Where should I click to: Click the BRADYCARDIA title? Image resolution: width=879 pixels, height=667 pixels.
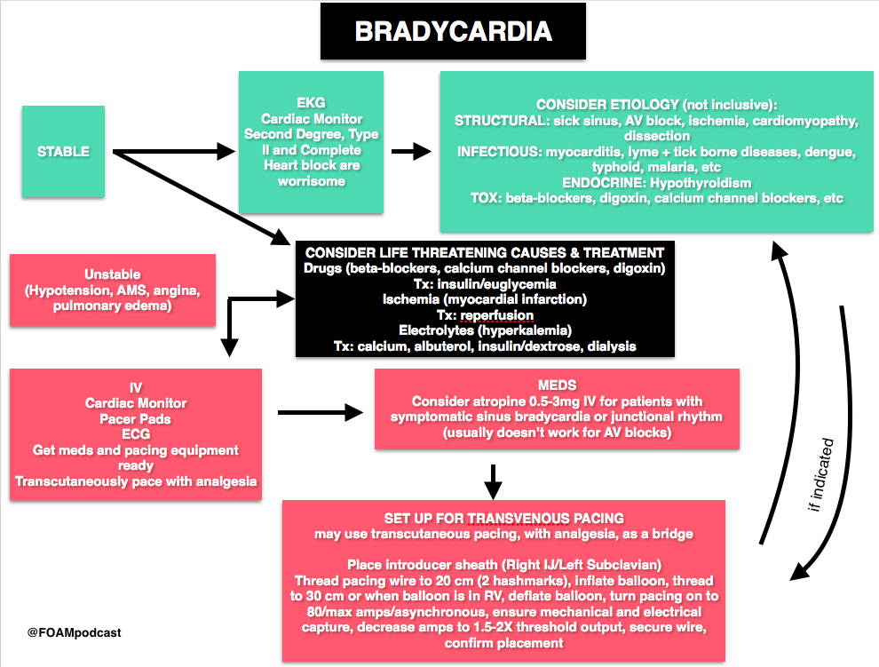454,31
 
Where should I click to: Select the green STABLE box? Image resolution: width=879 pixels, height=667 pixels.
63,152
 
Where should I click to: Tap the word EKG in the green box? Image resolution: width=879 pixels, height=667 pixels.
311,103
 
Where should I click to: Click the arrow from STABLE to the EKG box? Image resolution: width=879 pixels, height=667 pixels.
174,151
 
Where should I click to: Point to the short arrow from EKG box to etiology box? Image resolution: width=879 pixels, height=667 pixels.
411,151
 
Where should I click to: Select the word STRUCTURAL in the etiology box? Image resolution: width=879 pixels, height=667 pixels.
501,121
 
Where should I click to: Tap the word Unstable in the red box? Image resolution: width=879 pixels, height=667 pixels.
112,274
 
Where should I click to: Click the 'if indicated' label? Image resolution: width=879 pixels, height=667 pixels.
821,474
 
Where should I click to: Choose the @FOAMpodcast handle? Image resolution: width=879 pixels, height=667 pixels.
75,632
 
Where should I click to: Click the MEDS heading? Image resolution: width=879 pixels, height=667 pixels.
557,385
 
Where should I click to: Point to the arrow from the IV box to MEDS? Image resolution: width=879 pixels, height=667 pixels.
321,413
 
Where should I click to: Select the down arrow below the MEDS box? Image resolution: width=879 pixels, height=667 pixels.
493,482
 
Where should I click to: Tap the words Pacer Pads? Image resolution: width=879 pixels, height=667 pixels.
135,419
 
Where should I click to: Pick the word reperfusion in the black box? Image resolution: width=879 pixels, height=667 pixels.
496,315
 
